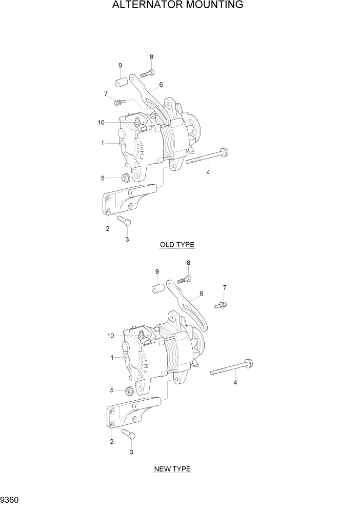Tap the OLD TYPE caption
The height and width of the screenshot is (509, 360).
click(x=177, y=245)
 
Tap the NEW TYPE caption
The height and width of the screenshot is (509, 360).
click(x=172, y=469)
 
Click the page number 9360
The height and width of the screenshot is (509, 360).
click(x=11, y=499)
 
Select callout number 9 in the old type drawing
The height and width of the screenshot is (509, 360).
click(x=120, y=65)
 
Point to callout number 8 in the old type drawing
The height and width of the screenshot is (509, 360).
click(x=151, y=56)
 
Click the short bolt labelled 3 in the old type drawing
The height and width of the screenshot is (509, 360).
click(x=125, y=221)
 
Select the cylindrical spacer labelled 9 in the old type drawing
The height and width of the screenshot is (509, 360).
click(x=121, y=83)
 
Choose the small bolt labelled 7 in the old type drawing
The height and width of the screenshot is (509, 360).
click(x=120, y=102)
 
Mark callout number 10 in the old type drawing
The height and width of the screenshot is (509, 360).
click(x=101, y=122)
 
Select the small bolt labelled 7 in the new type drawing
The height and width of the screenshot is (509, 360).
click(x=219, y=305)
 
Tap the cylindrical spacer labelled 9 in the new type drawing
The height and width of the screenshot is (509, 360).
click(x=157, y=288)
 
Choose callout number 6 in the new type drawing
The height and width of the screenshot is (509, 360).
click(x=201, y=294)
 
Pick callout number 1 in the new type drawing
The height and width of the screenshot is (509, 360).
click(x=111, y=358)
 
